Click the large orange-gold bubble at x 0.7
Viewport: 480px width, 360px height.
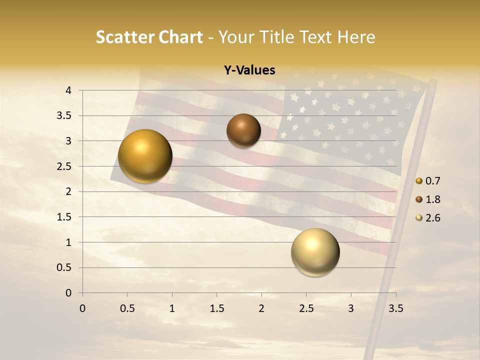pyautogui.click(x=145, y=156)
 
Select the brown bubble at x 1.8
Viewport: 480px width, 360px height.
pyautogui.click(x=243, y=130)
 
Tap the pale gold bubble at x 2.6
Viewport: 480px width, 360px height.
pyautogui.click(x=315, y=252)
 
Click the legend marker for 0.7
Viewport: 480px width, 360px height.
pyautogui.click(x=419, y=181)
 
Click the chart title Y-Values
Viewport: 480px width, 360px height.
pyautogui.click(x=249, y=70)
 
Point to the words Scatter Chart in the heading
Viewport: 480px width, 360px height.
pyautogui.click(x=149, y=37)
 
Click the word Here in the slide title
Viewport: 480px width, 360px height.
pyautogui.click(x=356, y=37)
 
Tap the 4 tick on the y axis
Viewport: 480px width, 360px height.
pyautogui.click(x=69, y=90)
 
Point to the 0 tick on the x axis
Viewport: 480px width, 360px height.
pyautogui.click(x=82, y=308)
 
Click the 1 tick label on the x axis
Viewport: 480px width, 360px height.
pyautogui.click(x=172, y=308)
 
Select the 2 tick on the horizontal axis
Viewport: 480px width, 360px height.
pyautogui.click(x=261, y=308)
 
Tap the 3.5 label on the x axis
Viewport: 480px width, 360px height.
pyautogui.click(x=396, y=308)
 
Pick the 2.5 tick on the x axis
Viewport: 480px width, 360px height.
pyautogui.click(x=306, y=308)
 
